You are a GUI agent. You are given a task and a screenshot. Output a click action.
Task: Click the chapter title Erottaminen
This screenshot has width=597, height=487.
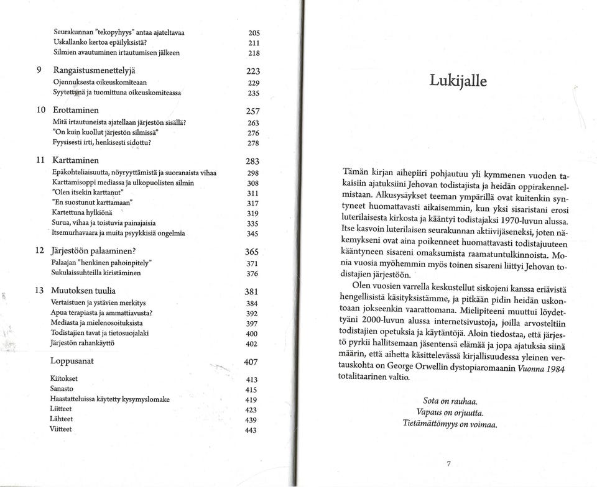point(79,110)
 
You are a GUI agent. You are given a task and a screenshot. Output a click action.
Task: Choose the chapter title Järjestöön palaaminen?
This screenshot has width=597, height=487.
point(94,252)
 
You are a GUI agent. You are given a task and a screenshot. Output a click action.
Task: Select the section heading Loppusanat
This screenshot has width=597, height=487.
point(72,360)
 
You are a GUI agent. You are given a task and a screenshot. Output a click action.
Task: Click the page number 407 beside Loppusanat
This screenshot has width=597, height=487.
point(251,362)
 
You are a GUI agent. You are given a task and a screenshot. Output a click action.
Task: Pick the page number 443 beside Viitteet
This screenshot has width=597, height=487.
point(251,430)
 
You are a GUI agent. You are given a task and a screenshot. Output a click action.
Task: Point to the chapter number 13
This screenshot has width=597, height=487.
point(37,290)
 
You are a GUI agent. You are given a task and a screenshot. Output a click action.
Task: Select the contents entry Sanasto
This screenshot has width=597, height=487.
point(62,389)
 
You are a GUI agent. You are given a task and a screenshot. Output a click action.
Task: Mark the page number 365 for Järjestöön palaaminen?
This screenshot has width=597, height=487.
point(251,252)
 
